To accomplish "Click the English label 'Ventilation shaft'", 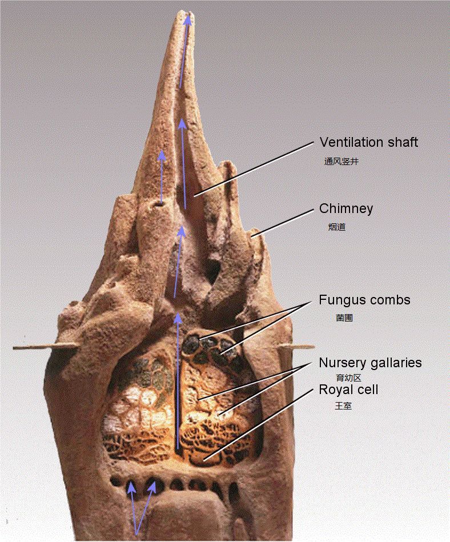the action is (368, 142).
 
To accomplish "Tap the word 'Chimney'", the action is (346, 209).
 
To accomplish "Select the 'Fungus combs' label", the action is (364, 300).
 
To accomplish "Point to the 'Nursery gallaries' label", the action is (370, 363).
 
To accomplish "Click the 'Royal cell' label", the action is (348, 390).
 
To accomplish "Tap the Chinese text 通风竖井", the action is (341, 162).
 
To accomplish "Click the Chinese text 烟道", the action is (336, 227).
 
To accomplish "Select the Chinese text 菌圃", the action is (344, 318).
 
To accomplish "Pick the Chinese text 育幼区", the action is (348, 378).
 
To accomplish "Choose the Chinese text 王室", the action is (343, 406).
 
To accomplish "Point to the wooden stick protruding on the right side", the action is (296, 346).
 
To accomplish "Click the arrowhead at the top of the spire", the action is (188, 20).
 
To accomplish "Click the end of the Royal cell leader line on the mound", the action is (204, 460).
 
